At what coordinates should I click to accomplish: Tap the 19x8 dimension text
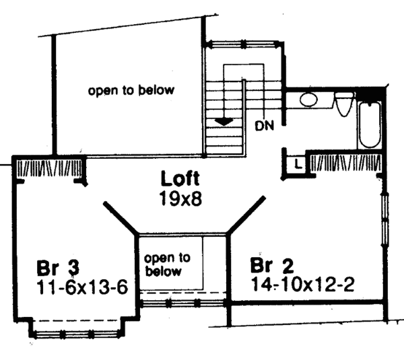(x=180, y=199)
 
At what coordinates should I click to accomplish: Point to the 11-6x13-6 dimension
(x=81, y=287)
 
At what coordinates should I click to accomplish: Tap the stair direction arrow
(x=223, y=120)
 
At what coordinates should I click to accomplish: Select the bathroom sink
(x=308, y=101)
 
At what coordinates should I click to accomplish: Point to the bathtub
(x=370, y=125)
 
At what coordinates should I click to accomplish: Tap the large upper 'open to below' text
(x=131, y=89)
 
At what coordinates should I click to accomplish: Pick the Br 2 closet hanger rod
(x=346, y=163)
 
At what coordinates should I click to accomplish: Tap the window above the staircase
(x=244, y=44)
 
